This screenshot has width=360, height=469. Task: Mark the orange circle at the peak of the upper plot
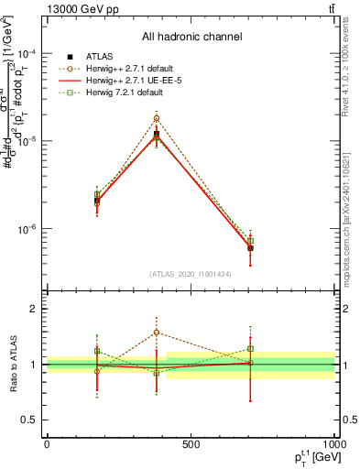coord(157,118)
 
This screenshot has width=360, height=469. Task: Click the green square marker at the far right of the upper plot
coord(250,241)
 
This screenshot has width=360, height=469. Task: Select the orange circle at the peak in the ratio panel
coord(157,333)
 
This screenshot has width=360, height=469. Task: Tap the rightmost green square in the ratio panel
coord(250,349)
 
